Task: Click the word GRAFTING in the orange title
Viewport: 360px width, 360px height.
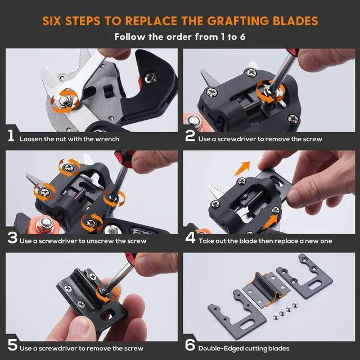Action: tap(238, 21)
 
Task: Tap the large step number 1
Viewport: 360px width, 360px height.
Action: tap(11, 136)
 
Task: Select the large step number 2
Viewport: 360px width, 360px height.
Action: tap(190, 136)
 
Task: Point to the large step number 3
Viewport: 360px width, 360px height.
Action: tap(12, 238)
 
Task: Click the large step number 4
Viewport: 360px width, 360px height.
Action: tap(190, 238)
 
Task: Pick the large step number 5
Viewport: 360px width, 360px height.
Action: tap(12, 345)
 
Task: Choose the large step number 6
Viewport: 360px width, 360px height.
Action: tap(190, 345)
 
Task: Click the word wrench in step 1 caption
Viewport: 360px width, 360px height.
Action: tap(107, 139)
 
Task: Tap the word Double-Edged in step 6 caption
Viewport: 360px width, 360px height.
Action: tap(220, 349)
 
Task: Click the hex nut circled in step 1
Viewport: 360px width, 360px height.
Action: tap(64, 101)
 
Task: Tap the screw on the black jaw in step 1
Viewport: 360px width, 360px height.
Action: tap(151, 78)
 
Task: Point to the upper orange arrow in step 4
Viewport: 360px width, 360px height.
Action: tap(242, 168)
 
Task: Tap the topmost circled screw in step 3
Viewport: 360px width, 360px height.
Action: tap(69, 168)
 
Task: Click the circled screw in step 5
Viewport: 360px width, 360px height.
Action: tap(102, 292)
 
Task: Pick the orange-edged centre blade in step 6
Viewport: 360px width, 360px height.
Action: tap(266, 289)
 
